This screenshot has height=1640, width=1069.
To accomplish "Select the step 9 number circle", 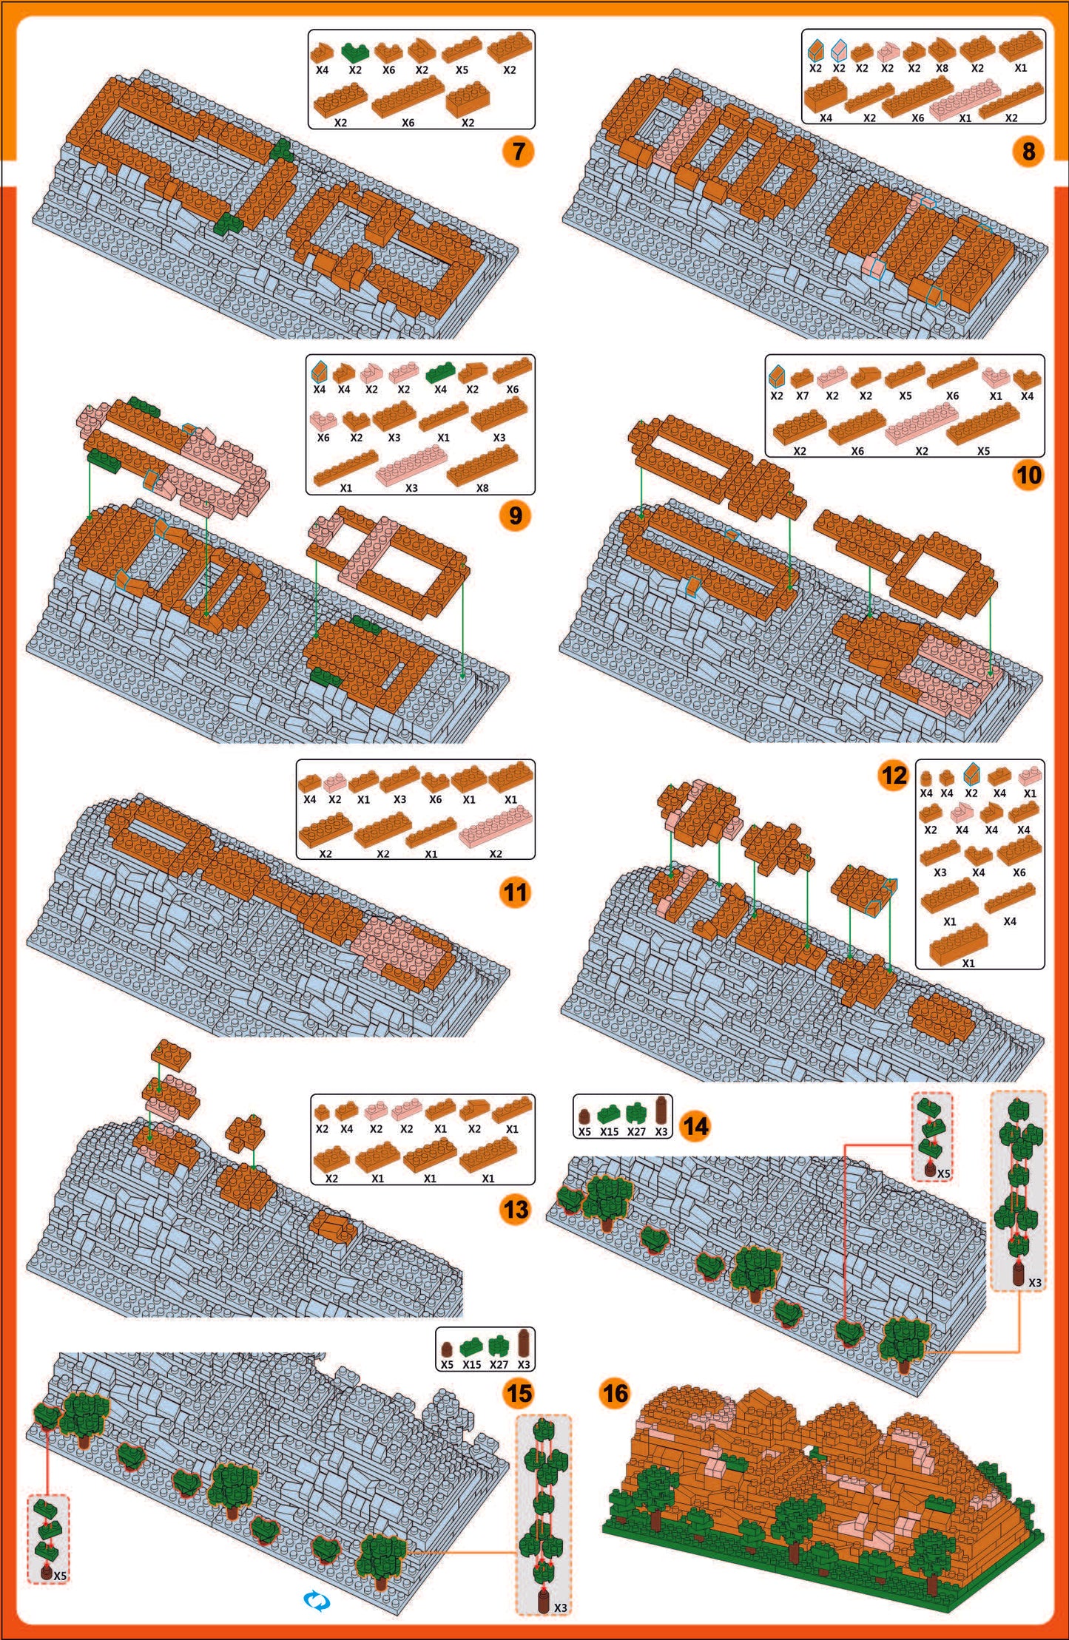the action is [x=516, y=515].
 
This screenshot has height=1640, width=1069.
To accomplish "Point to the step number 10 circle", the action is [x=1028, y=474].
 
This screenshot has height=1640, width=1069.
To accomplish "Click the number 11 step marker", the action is [x=516, y=892].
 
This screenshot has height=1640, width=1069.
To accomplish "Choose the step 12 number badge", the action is [x=894, y=775].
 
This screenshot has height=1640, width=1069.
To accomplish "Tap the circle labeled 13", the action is [x=516, y=1210].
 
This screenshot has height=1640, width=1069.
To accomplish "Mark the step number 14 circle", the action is [x=695, y=1126].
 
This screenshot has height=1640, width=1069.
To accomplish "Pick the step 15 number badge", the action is [x=518, y=1393].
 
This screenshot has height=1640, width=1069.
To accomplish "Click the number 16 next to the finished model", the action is [x=615, y=1393].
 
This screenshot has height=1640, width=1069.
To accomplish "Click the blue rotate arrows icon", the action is [x=317, y=1601].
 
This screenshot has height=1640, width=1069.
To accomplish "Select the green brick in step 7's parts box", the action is [x=355, y=52].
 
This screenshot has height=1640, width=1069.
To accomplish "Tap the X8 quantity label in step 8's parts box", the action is [x=942, y=68].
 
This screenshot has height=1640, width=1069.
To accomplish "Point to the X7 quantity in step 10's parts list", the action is [x=803, y=396].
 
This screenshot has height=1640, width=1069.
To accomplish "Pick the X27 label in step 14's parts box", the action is [x=636, y=1131].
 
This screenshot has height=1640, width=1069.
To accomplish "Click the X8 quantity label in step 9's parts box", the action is [x=482, y=488].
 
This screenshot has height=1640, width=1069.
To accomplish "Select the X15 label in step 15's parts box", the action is [x=471, y=1364].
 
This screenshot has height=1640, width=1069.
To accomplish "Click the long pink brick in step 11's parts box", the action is [x=495, y=826].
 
